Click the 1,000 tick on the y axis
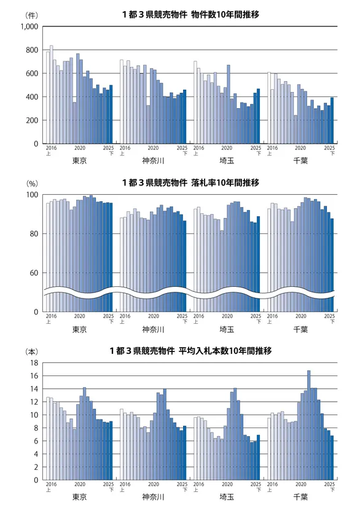[29, 26]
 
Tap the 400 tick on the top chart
[32, 97]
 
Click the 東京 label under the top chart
[79, 162]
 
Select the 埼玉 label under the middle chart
[227, 329]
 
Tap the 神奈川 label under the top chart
[153, 162]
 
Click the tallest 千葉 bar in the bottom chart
[308, 424]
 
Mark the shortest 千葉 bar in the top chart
[295, 130]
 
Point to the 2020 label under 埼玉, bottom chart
[227, 484]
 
